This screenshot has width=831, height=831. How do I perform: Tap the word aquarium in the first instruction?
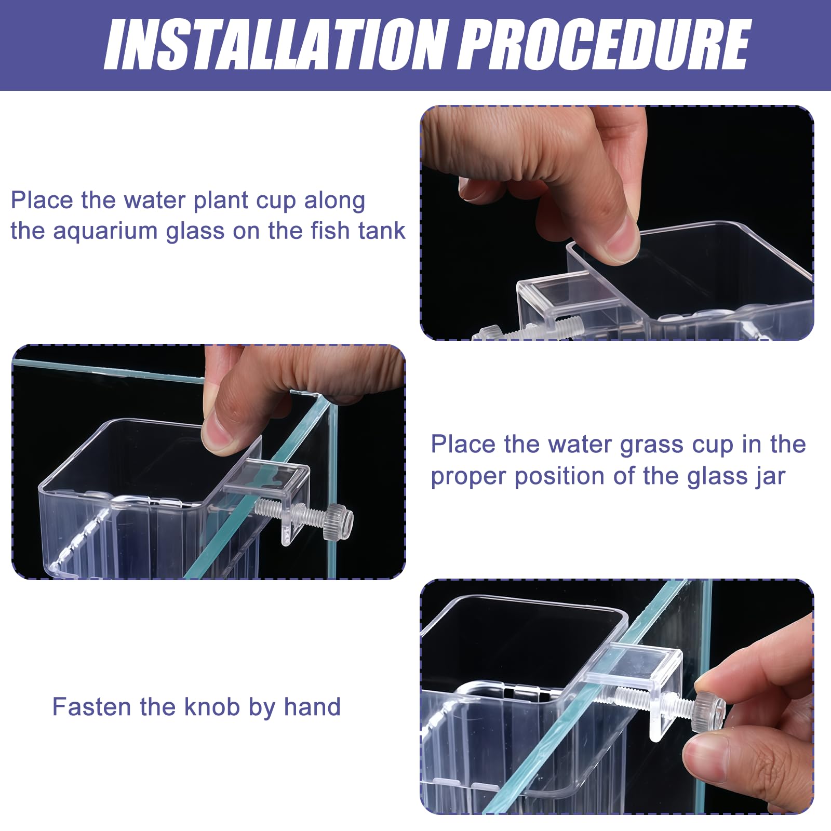pos(105,232)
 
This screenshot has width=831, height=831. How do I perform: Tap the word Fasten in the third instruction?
pos(91,707)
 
